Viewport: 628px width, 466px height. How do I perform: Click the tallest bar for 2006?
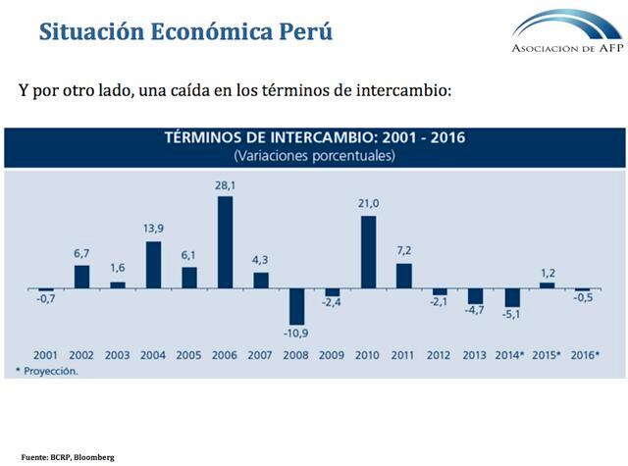click(225, 242)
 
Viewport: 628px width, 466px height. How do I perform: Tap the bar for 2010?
click(369, 252)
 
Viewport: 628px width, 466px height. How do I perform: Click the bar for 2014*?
click(512, 299)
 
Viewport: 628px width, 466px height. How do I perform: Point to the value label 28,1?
click(225, 183)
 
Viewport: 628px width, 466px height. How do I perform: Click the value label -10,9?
click(297, 334)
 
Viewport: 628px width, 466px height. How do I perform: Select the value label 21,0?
click(369, 203)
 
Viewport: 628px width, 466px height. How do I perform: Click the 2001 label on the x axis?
click(45, 354)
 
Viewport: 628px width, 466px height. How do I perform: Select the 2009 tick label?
click(333, 354)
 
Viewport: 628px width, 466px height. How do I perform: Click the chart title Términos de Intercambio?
click(313, 137)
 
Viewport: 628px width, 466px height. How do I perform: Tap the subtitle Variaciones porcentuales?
click(313, 156)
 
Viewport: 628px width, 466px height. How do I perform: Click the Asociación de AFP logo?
click(566, 31)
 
